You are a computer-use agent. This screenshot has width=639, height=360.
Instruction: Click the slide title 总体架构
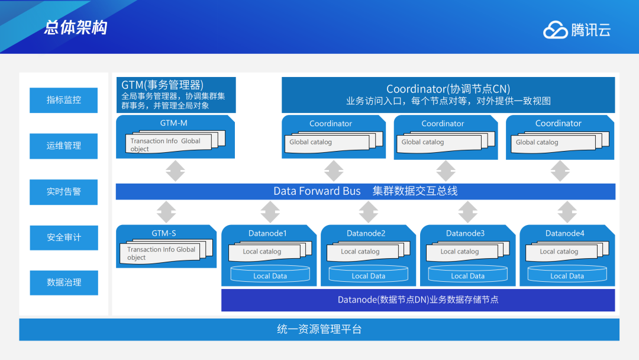(76, 28)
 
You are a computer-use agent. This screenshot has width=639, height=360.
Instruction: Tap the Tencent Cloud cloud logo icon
(555, 30)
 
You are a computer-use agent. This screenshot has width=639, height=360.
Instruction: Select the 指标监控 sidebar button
(64, 100)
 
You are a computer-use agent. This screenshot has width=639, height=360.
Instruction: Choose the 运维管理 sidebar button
(64, 146)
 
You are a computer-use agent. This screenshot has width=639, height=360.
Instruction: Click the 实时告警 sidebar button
(64, 191)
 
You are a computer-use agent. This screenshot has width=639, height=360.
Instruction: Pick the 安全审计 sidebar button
(64, 237)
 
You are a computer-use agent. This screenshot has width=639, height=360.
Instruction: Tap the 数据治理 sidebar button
(64, 282)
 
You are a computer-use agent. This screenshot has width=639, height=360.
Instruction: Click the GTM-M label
(173, 123)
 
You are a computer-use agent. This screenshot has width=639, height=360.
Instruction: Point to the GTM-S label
(164, 233)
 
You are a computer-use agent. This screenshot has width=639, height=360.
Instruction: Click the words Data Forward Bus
(317, 191)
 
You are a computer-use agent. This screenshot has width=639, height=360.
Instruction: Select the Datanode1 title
(267, 233)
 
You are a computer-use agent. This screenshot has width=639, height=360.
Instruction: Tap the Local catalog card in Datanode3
(460, 252)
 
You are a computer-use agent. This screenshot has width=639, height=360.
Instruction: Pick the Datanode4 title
(564, 233)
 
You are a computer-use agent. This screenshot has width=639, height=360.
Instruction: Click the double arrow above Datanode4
(567, 212)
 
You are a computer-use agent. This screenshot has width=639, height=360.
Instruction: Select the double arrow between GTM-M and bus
(175, 171)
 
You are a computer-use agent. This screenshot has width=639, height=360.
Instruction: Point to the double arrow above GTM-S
(166, 212)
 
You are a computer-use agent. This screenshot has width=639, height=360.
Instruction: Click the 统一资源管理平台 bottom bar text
(319, 330)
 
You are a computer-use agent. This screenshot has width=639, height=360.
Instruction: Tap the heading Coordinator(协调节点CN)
(448, 89)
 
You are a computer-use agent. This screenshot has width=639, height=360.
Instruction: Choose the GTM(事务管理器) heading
(162, 85)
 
